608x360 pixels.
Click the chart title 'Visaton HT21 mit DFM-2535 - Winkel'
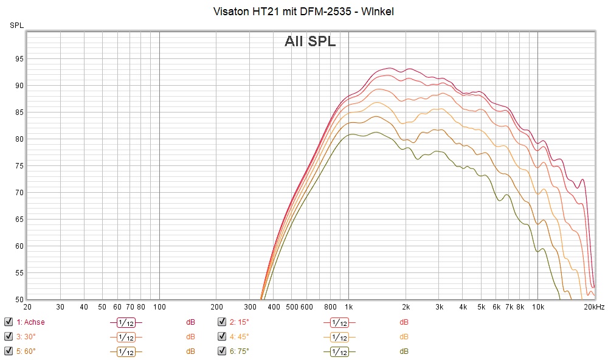[x=304, y=12]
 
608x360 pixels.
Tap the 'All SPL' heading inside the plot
[x=310, y=41]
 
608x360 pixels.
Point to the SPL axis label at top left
[x=16, y=25]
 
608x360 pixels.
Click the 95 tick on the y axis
[x=19, y=59]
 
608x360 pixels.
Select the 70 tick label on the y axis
[x=19, y=193]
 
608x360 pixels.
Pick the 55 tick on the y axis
[x=19, y=273]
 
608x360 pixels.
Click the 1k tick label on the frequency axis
[x=348, y=307]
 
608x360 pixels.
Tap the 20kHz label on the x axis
[x=594, y=307]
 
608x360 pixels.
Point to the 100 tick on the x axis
[x=159, y=307]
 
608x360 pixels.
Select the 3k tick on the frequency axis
[x=439, y=307]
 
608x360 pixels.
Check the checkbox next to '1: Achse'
[x=8, y=322]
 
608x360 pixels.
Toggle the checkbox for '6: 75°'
[x=222, y=351]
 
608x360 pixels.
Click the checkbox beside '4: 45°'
[x=222, y=336]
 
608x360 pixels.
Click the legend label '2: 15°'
[x=240, y=322]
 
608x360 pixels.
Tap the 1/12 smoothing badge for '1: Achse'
[x=126, y=322]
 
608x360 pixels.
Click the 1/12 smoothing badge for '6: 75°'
[x=339, y=351]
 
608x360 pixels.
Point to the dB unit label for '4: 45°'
[x=404, y=336]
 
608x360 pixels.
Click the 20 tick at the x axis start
[x=27, y=307]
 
